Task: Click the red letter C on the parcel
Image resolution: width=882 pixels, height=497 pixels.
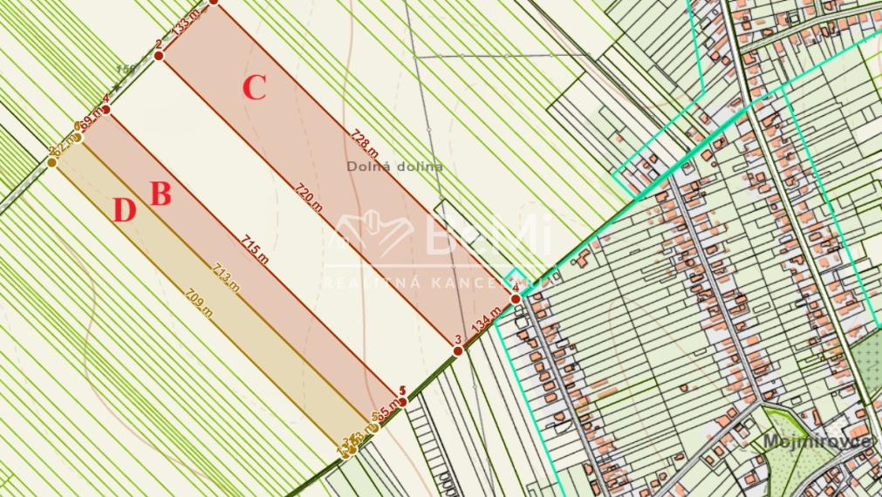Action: (254, 88)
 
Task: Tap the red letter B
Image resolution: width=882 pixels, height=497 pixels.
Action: (161, 194)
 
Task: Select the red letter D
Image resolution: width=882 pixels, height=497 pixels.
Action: (125, 211)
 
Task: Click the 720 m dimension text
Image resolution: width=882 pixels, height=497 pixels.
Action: (307, 197)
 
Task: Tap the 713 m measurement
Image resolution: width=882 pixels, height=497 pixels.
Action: (225, 277)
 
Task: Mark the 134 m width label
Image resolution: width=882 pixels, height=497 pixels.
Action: (486, 323)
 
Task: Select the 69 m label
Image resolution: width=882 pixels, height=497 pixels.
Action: (90, 119)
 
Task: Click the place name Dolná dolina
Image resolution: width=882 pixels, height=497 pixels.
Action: (394, 166)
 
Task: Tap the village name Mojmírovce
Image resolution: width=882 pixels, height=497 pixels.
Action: (817, 440)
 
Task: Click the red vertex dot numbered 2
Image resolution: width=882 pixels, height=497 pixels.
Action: (159, 56)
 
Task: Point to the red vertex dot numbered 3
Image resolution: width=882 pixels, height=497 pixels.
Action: (458, 351)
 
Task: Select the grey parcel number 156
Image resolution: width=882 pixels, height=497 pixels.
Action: (126, 70)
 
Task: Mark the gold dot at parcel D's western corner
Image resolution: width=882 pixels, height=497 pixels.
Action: (51, 161)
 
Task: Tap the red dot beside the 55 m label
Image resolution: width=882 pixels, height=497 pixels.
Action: (402, 401)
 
